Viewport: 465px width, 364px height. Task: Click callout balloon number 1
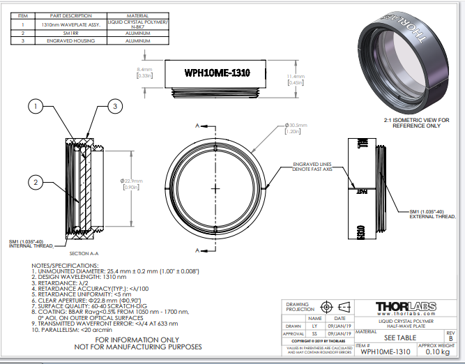click(36, 107)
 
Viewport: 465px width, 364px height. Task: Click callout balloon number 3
click(116, 107)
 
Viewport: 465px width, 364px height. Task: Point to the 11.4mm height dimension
click(297, 78)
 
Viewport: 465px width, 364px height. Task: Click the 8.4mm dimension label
click(144, 73)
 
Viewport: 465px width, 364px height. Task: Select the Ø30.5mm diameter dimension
click(291, 128)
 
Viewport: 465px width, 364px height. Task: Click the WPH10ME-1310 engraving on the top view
click(217, 73)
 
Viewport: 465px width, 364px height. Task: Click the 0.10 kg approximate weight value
click(437, 352)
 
